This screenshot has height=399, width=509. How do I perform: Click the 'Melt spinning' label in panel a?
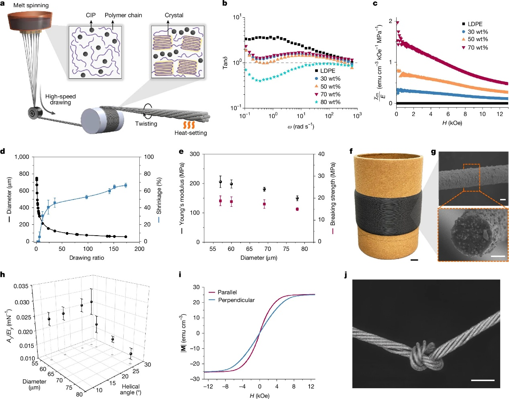pos(31,5)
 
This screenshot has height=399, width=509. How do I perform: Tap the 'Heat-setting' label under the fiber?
pos(191,133)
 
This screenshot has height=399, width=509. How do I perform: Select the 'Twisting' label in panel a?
pos(146,124)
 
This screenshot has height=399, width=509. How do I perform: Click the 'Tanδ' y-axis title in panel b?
pos(225,62)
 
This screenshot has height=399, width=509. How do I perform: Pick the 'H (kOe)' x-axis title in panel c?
pos(452,123)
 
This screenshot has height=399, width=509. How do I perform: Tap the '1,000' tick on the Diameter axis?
pos(22,157)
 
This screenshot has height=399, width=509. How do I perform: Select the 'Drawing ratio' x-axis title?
pos(87,258)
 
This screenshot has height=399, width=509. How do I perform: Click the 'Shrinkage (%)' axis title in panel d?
pos(159,196)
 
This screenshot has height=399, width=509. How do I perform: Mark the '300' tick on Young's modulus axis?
pos(195,154)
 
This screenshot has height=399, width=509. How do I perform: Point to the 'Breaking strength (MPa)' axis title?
pos(333,194)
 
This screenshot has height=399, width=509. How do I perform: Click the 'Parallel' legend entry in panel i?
pos(227,292)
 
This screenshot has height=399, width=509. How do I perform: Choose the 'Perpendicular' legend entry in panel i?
pos(236,300)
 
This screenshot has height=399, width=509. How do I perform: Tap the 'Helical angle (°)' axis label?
pos(131,389)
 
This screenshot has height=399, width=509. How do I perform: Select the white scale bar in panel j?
pos(483,380)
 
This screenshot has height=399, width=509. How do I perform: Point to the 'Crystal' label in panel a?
pos(174,15)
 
